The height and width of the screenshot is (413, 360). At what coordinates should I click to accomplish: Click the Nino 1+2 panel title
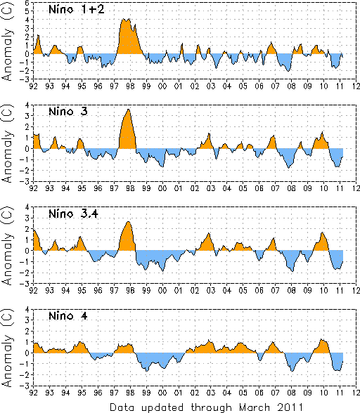[x=77, y=10]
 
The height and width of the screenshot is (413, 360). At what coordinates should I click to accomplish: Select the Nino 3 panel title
[x=68, y=112]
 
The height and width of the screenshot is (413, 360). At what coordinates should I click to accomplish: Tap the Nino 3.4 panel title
[x=73, y=214]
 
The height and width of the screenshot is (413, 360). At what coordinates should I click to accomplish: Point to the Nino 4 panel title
[x=68, y=315]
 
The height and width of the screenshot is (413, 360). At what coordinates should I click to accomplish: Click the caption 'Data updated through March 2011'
[x=206, y=407]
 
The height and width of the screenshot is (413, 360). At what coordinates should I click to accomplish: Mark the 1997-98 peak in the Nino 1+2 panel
[x=124, y=19]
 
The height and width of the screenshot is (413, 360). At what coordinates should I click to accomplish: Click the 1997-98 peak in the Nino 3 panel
[x=129, y=109]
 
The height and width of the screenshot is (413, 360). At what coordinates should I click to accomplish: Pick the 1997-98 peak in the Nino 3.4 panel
[x=129, y=221]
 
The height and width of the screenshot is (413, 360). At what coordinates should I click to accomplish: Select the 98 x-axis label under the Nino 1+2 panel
[x=130, y=86]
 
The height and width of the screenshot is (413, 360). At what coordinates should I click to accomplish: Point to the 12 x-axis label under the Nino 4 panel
[x=356, y=393]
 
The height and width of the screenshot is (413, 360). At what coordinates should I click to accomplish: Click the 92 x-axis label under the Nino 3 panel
[x=33, y=188]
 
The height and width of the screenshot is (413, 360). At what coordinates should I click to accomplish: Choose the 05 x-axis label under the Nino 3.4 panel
[x=243, y=290]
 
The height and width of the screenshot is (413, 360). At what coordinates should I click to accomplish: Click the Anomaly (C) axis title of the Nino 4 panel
[x=7, y=348]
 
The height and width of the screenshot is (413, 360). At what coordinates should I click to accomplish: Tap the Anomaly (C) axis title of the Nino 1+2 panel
[x=7, y=41]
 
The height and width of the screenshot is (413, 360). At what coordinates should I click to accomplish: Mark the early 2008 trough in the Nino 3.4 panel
[x=292, y=271]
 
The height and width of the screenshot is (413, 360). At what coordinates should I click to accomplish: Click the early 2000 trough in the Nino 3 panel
[x=162, y=167]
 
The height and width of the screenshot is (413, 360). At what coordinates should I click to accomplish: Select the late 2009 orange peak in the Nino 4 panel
[x=321, y=339]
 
